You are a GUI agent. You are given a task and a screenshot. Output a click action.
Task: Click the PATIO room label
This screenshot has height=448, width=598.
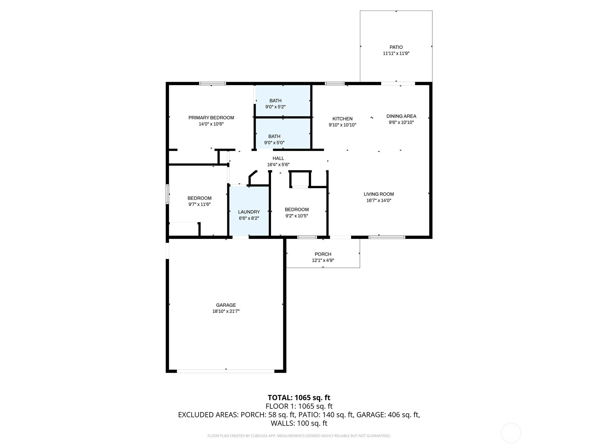coord(396,47)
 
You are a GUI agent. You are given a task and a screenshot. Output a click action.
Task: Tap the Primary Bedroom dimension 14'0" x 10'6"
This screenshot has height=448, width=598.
coord(211,124)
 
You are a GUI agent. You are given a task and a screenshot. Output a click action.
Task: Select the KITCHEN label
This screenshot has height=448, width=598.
coord(342,119)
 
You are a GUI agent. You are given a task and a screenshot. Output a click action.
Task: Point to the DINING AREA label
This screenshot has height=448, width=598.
coord(401,116)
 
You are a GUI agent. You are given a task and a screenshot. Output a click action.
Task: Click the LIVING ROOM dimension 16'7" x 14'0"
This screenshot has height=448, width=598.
coord(379,200)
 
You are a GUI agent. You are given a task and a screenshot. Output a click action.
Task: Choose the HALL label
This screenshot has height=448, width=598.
coord(278,158)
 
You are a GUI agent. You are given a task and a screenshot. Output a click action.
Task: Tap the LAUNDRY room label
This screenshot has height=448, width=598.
coord(249,212)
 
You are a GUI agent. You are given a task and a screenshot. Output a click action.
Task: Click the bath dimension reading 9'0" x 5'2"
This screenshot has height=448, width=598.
coord(275,107)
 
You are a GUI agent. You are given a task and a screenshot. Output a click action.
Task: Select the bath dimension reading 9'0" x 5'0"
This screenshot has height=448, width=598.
coord(274,143)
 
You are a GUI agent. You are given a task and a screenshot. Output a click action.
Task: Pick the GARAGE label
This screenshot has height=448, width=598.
coord(226,305)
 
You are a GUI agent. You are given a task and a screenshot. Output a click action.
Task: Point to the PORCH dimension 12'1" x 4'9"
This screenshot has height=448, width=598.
coord(323,260)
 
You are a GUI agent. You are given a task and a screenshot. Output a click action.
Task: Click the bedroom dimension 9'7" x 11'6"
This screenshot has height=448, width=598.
coord(200,205)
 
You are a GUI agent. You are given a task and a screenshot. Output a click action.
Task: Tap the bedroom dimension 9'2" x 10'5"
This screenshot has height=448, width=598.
coord(297,216)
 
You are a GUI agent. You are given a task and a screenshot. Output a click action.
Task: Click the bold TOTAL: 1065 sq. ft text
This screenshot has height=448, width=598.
coord(299,398)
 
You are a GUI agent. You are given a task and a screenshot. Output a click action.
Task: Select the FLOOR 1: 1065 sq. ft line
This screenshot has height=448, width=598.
coord(299,407)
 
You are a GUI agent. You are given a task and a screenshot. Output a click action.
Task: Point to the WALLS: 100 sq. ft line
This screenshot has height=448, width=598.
coord(299,423)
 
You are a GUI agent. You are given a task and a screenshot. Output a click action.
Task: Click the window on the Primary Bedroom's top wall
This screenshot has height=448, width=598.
coord(213,84)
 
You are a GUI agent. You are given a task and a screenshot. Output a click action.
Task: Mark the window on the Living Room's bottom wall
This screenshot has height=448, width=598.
coord(387,237)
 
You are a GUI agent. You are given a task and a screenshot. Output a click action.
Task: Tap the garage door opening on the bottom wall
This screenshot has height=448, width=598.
coord(226,371)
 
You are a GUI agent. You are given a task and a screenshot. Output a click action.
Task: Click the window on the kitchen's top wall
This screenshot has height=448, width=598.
coord(335,84)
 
